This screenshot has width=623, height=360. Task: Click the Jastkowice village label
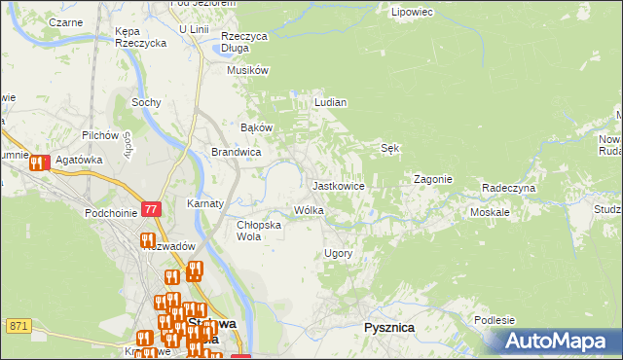click(x=338, y=185)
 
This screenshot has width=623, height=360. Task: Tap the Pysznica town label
click(x=388, y=328)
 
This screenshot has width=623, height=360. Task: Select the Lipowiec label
click(x=411, y=13)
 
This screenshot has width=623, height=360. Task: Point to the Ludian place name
click(x=330, y=101)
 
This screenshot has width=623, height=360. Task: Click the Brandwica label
click(x=236, y=152)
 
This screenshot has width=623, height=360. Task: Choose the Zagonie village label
click(x=432, y=179)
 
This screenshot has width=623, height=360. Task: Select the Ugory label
click(x=337, y=253)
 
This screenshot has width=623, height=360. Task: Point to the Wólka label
click(x=309, y=210)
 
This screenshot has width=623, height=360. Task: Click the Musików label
click(x=247, y=70)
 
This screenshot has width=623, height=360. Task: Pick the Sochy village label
click(x=146, y=101)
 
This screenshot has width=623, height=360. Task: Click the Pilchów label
click(x=100, y=134)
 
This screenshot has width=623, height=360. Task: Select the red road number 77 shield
click(x=150, y=209)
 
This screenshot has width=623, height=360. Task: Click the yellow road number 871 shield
click(x=18, y=325)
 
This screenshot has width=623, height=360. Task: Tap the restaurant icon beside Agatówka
click(x=38, y=163)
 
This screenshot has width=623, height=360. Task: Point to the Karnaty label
click(x=205, y=204)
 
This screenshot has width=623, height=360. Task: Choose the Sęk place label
click(x=389, y=148)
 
